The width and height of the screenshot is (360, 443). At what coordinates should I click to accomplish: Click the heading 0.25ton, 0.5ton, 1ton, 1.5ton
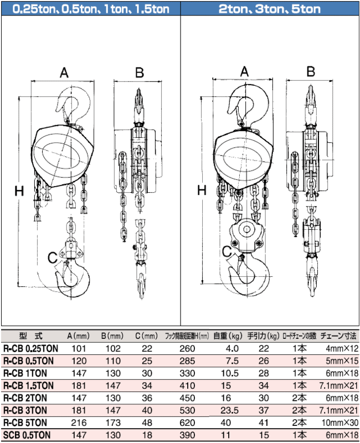click(90, 8)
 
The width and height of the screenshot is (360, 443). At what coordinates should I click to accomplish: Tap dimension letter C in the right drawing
click(227, 252)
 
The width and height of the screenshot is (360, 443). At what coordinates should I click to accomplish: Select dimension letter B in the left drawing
click(140, 72)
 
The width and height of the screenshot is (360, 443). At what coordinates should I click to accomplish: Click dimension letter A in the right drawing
click(244, 71)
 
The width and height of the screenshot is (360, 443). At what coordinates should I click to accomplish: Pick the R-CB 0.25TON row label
click(30, 349)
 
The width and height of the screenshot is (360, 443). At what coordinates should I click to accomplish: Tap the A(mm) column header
click(78, 336)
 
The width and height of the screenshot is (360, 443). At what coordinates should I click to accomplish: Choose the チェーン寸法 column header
click(339, 336)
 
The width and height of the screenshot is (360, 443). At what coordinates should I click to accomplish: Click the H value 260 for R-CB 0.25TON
click(188, 349)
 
